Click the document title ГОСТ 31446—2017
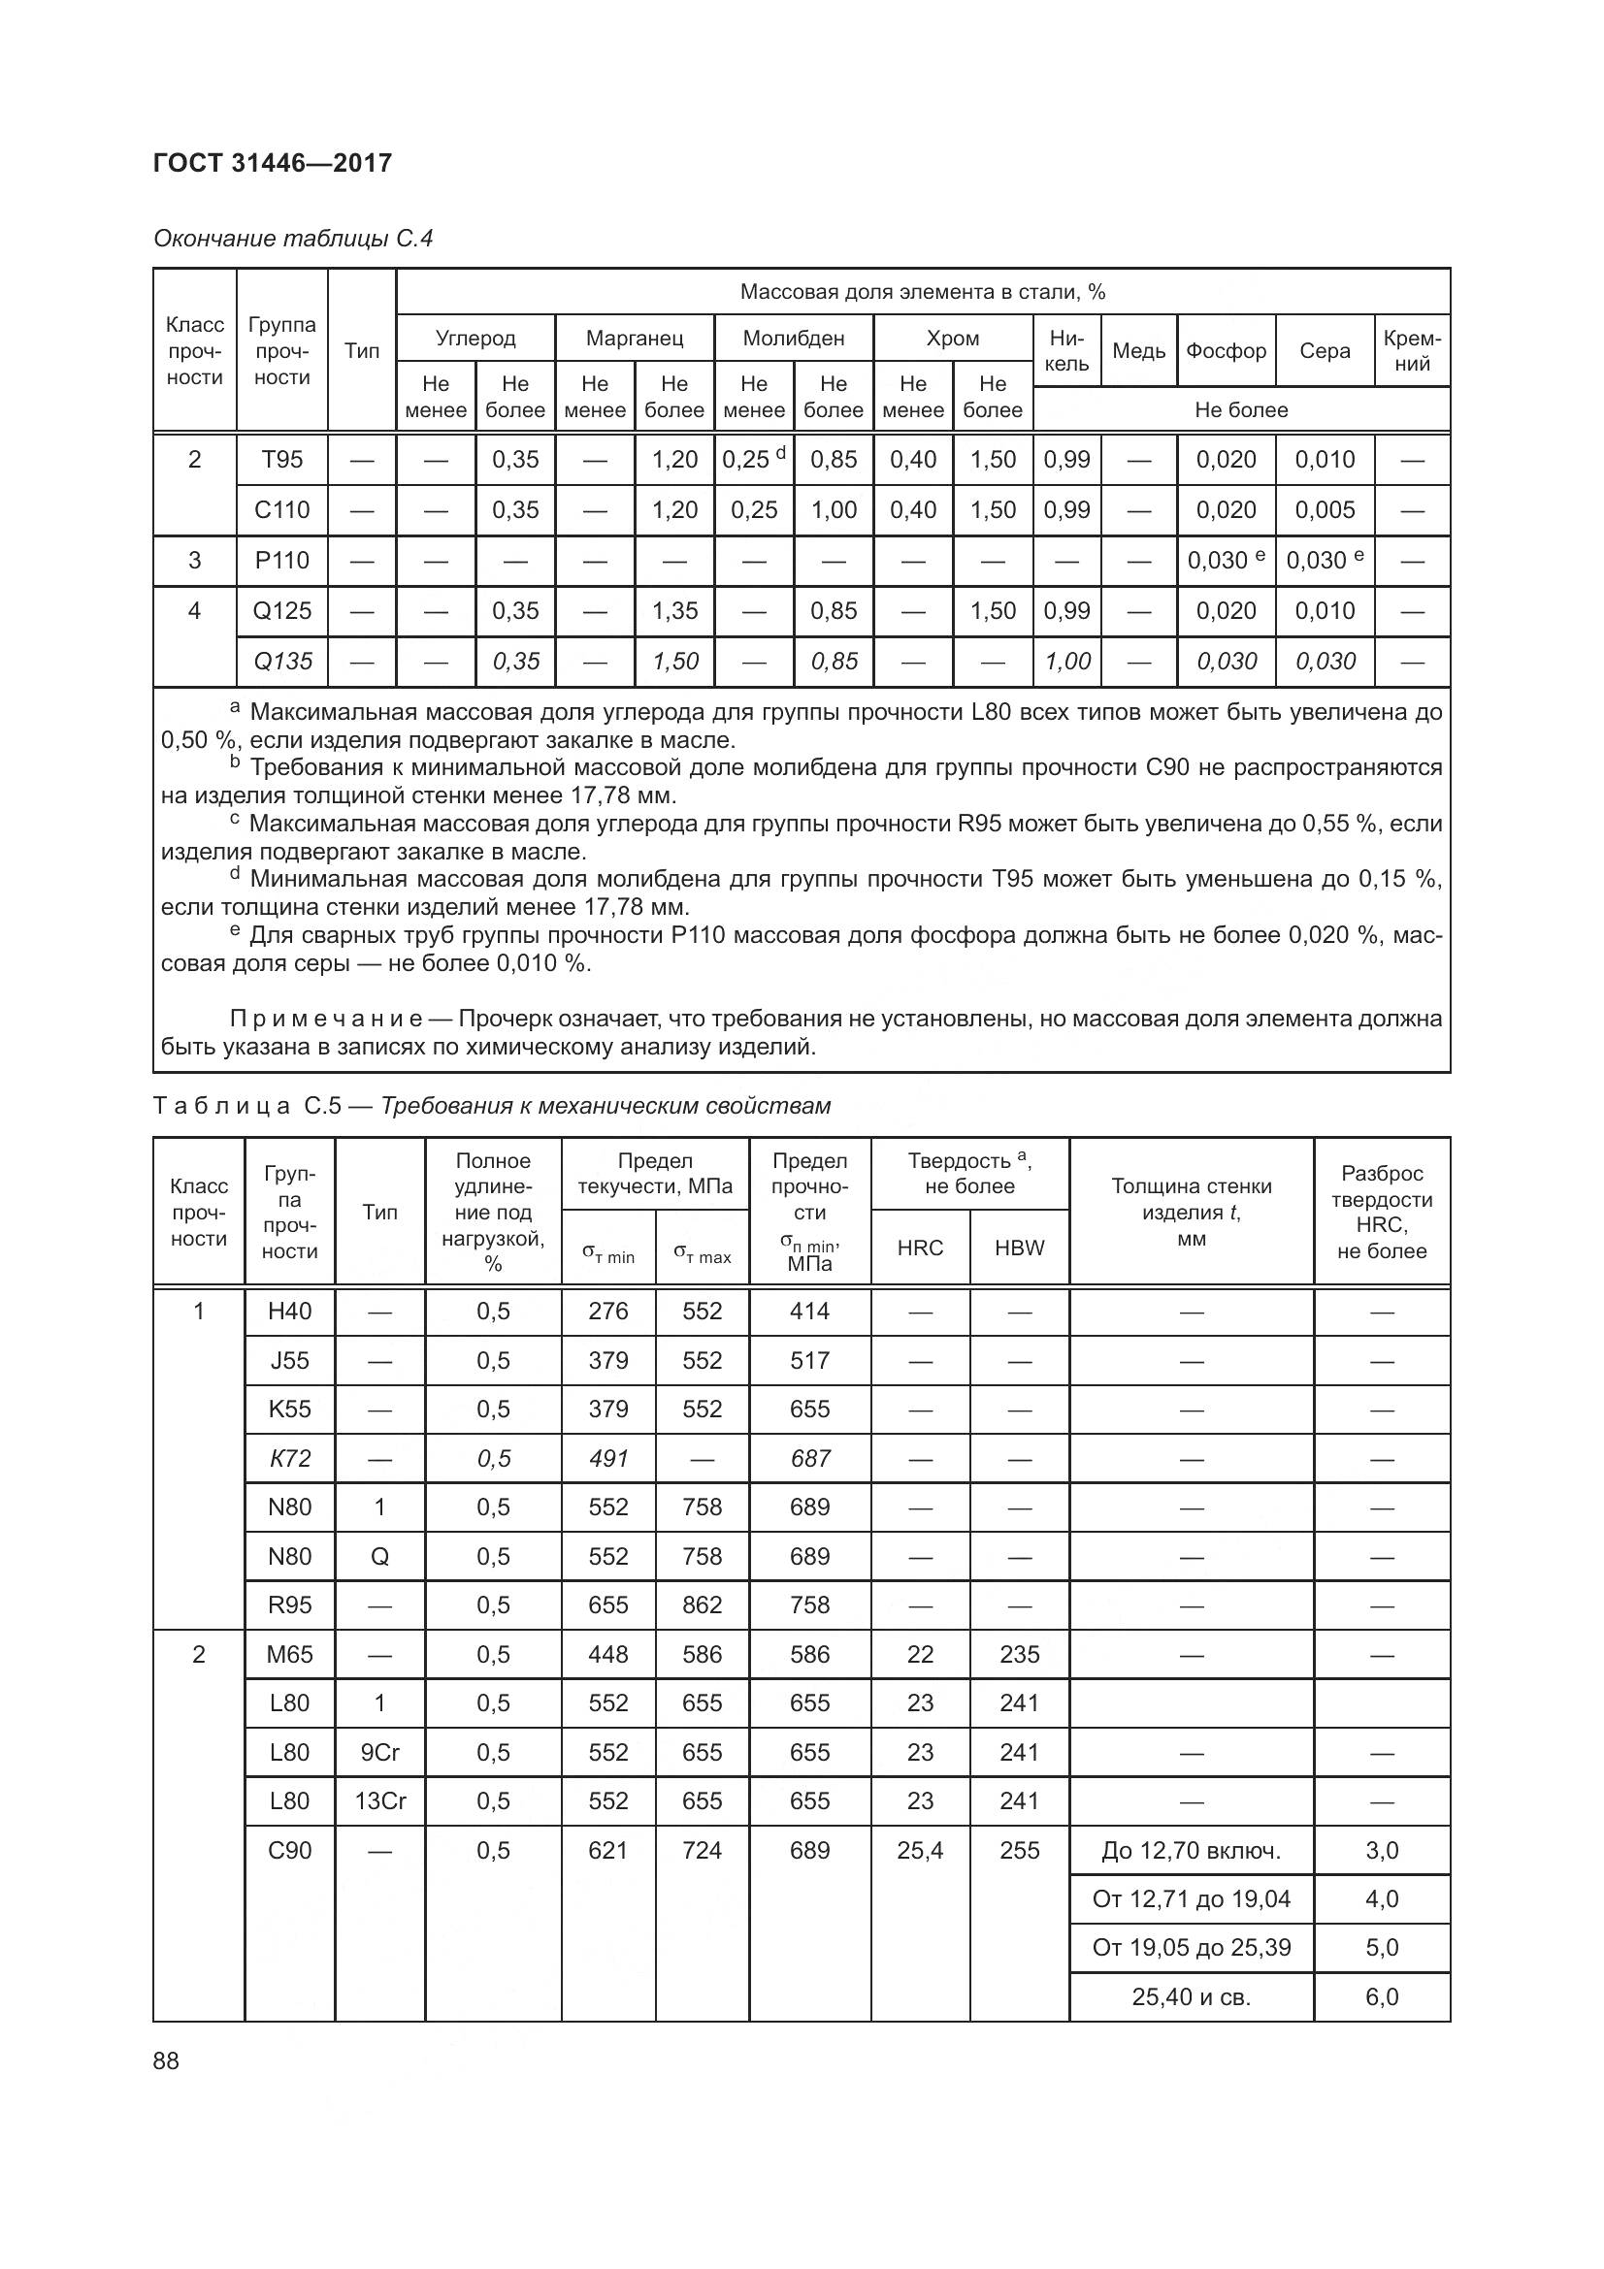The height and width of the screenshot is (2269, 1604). pyautogui.click(x=273, y=163)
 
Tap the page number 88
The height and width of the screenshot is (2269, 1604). pyautogui.click(x=166, y=2060)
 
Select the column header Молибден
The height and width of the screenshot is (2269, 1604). pyautogui.click(x=794, y=338)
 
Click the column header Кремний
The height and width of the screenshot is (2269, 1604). pyautogui.click(x=1412, y=351)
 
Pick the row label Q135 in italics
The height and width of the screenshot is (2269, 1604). pyautogui.click(x=282, y=662)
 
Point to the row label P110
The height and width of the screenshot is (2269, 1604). pyautogui.click(x=282, y=561)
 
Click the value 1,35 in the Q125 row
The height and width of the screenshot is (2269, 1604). pyautogui.click(x=675, y=611)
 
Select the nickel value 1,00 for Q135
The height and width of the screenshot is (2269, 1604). pyautogui.click(x=1067, y=662)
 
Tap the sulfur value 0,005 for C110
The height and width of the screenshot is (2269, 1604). pyautogui.click(x=1325, y=510)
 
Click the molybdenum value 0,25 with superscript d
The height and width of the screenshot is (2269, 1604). pyautogui.click(x=753, y=460)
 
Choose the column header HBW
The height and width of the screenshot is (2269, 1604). pyautogui.click(x=1019, y=1248)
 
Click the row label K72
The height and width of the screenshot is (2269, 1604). pyautogui.click(x=289, y=1459)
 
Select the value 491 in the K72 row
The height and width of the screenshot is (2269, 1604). pyautogui.click(x=607, y=1459)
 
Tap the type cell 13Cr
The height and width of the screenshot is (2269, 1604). pyautogui.click(x=379, y=1800)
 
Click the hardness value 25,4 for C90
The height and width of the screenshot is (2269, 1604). pyautogui.click(x=920, y=1850)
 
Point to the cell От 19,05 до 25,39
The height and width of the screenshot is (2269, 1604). pyautogui.click(x=1191, y=1947)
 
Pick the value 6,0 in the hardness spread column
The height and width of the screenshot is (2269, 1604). pyautogui.click(x=1382, y=1996)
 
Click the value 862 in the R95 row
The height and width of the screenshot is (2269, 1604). pyautogui.click(x=702, y=1605)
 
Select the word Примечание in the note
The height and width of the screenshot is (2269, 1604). pyautogui.click(x=326, y=1019)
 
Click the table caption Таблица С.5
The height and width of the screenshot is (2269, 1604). pyautogui.click(x=247, y=1106)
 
